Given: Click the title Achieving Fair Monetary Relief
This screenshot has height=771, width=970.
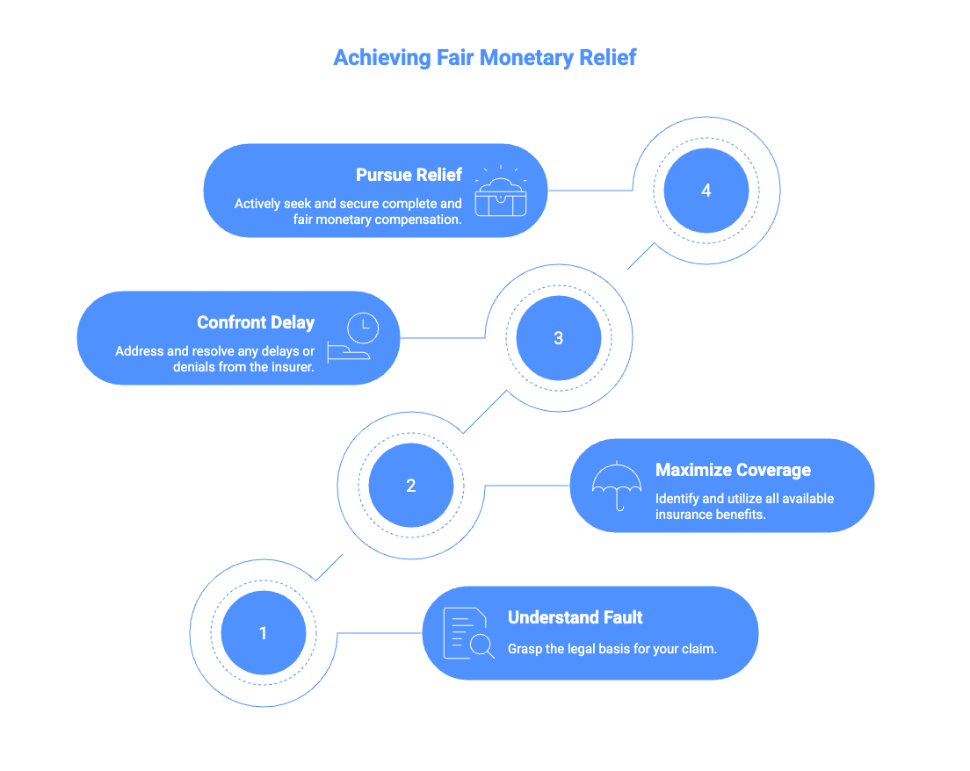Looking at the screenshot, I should tap(485, 58).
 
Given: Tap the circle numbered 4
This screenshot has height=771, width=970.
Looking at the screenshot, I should tap(706, 191).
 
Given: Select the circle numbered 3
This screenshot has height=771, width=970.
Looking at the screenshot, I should tap(558, 338).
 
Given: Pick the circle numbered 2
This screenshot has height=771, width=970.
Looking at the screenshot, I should tap(410, 486).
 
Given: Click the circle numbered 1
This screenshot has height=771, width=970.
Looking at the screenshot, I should tap(263, 633).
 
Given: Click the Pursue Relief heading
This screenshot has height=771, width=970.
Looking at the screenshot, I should tap(409, 175).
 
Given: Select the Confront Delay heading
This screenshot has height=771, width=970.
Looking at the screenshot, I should tap(256, 322).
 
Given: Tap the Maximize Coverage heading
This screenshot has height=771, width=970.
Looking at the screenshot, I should tap(733, 470).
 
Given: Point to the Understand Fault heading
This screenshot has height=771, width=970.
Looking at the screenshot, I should tap(575, 617).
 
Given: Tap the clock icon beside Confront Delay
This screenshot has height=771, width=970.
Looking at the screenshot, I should tap(362, 328).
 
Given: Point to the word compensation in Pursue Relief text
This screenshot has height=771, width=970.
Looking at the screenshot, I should tap(418, 220).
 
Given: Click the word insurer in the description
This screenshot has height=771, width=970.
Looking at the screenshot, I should tap(291, 367).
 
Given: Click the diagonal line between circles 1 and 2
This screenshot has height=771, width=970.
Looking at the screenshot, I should tap(329, 567).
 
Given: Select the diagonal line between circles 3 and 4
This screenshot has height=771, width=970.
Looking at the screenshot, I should tap(641, 256).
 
